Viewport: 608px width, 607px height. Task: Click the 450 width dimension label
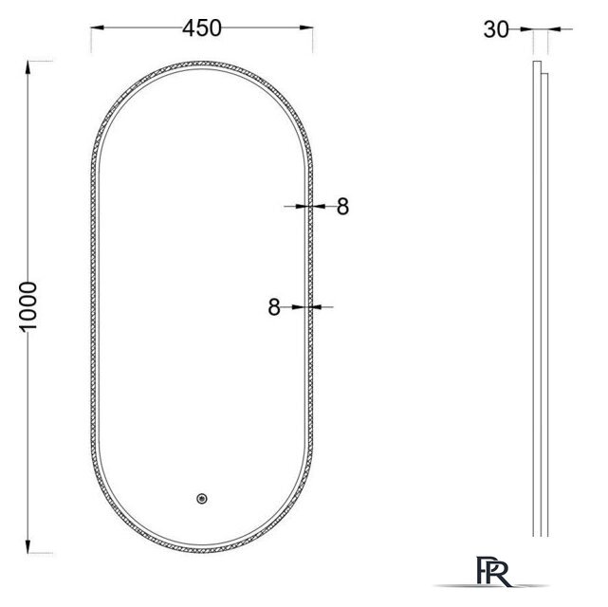[202, 28]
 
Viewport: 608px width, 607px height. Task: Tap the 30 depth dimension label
[495, 29]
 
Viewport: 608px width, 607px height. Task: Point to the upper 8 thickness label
[342, 205]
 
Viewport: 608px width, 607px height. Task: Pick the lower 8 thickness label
[274, 306]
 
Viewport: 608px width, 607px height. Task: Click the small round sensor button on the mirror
[201, 499]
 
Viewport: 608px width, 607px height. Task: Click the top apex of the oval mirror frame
[203, 64]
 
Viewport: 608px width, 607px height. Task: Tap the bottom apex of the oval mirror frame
[203, 555]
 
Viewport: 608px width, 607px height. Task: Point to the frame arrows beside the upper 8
[305, 205]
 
